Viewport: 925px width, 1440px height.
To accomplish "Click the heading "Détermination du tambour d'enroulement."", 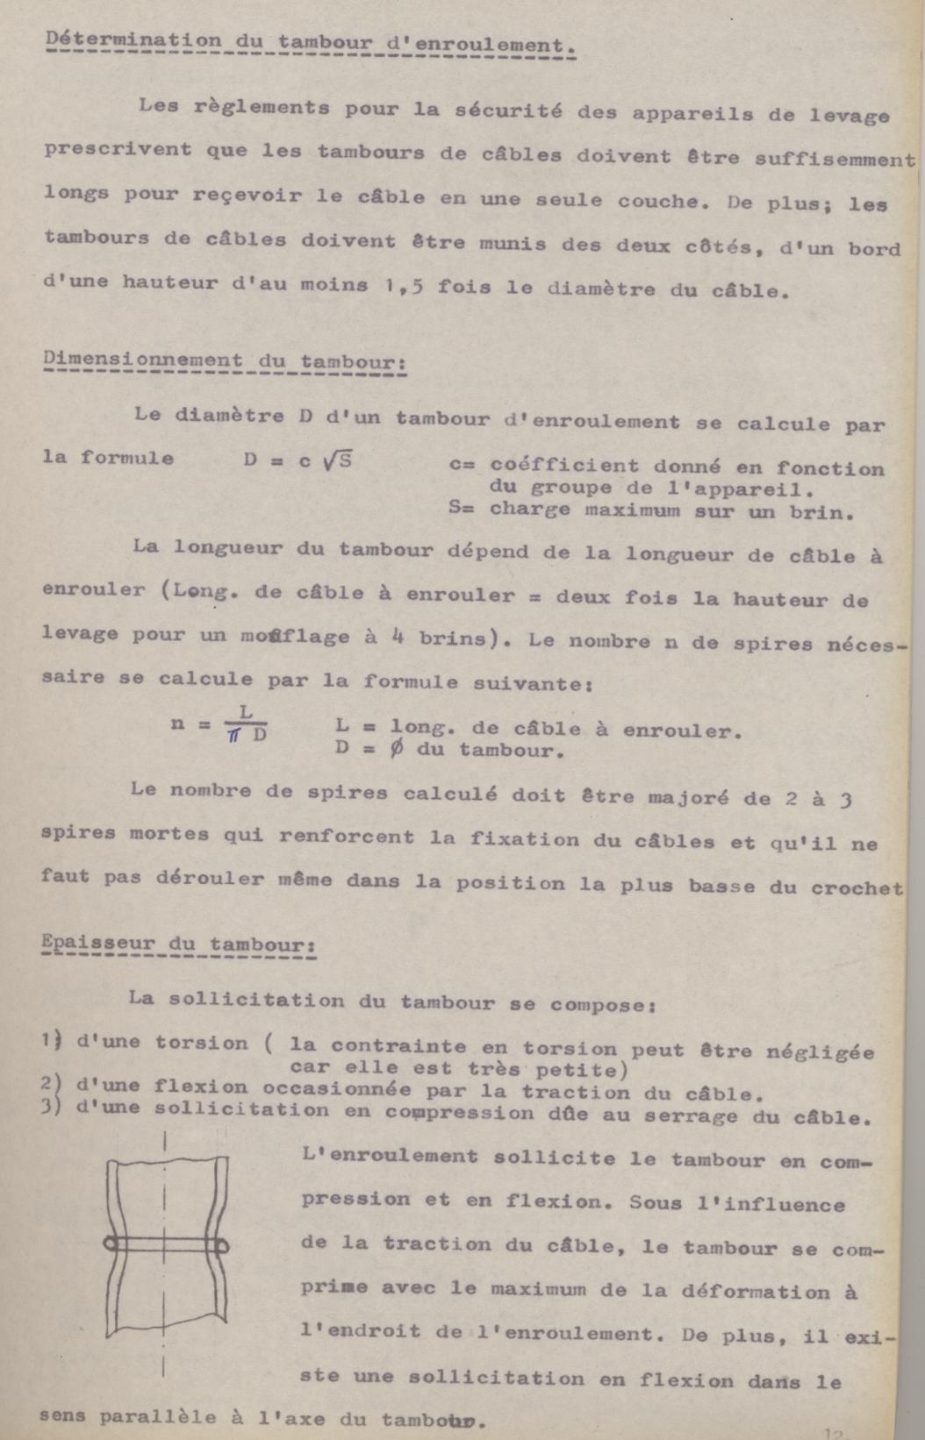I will (x=309, y=43).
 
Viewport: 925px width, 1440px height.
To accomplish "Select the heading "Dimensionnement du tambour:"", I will (x=224, y=361).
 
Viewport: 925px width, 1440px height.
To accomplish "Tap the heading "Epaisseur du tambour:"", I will (x=179, y=945).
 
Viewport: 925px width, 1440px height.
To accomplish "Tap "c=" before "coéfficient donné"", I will (x=462, y=465).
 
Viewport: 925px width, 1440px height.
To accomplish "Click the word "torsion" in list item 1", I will (x=201, y=1043).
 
